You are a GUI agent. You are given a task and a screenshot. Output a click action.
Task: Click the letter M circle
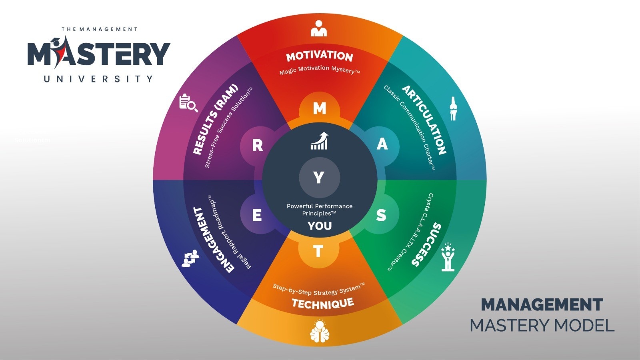coord(319,108)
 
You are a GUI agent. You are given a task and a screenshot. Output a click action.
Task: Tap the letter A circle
coord(382,144)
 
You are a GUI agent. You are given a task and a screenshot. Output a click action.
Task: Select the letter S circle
coord(381,215)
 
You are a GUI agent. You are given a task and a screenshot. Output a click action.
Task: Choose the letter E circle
coord(257,215)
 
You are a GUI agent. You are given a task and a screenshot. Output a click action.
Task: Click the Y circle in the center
coord(319,177)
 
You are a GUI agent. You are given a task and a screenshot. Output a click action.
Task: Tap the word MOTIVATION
coord(320,56)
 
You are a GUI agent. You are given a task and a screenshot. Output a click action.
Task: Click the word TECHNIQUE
coord(322,304)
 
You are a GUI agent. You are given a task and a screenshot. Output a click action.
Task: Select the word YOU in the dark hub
coord(320,226)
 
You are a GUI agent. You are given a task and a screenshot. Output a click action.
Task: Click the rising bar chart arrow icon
coord(319,141)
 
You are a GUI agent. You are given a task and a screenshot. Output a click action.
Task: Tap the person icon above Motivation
coord(319,28)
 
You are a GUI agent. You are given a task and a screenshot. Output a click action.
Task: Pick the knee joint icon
coord(453,108)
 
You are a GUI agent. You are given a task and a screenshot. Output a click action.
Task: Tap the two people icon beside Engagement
coord(190,258)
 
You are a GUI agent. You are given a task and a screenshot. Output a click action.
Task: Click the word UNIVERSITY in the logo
coord(98,79)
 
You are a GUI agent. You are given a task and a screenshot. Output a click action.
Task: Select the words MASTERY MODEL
coord(542,326)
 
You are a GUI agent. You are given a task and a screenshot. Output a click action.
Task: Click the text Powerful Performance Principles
coord(320,210)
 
